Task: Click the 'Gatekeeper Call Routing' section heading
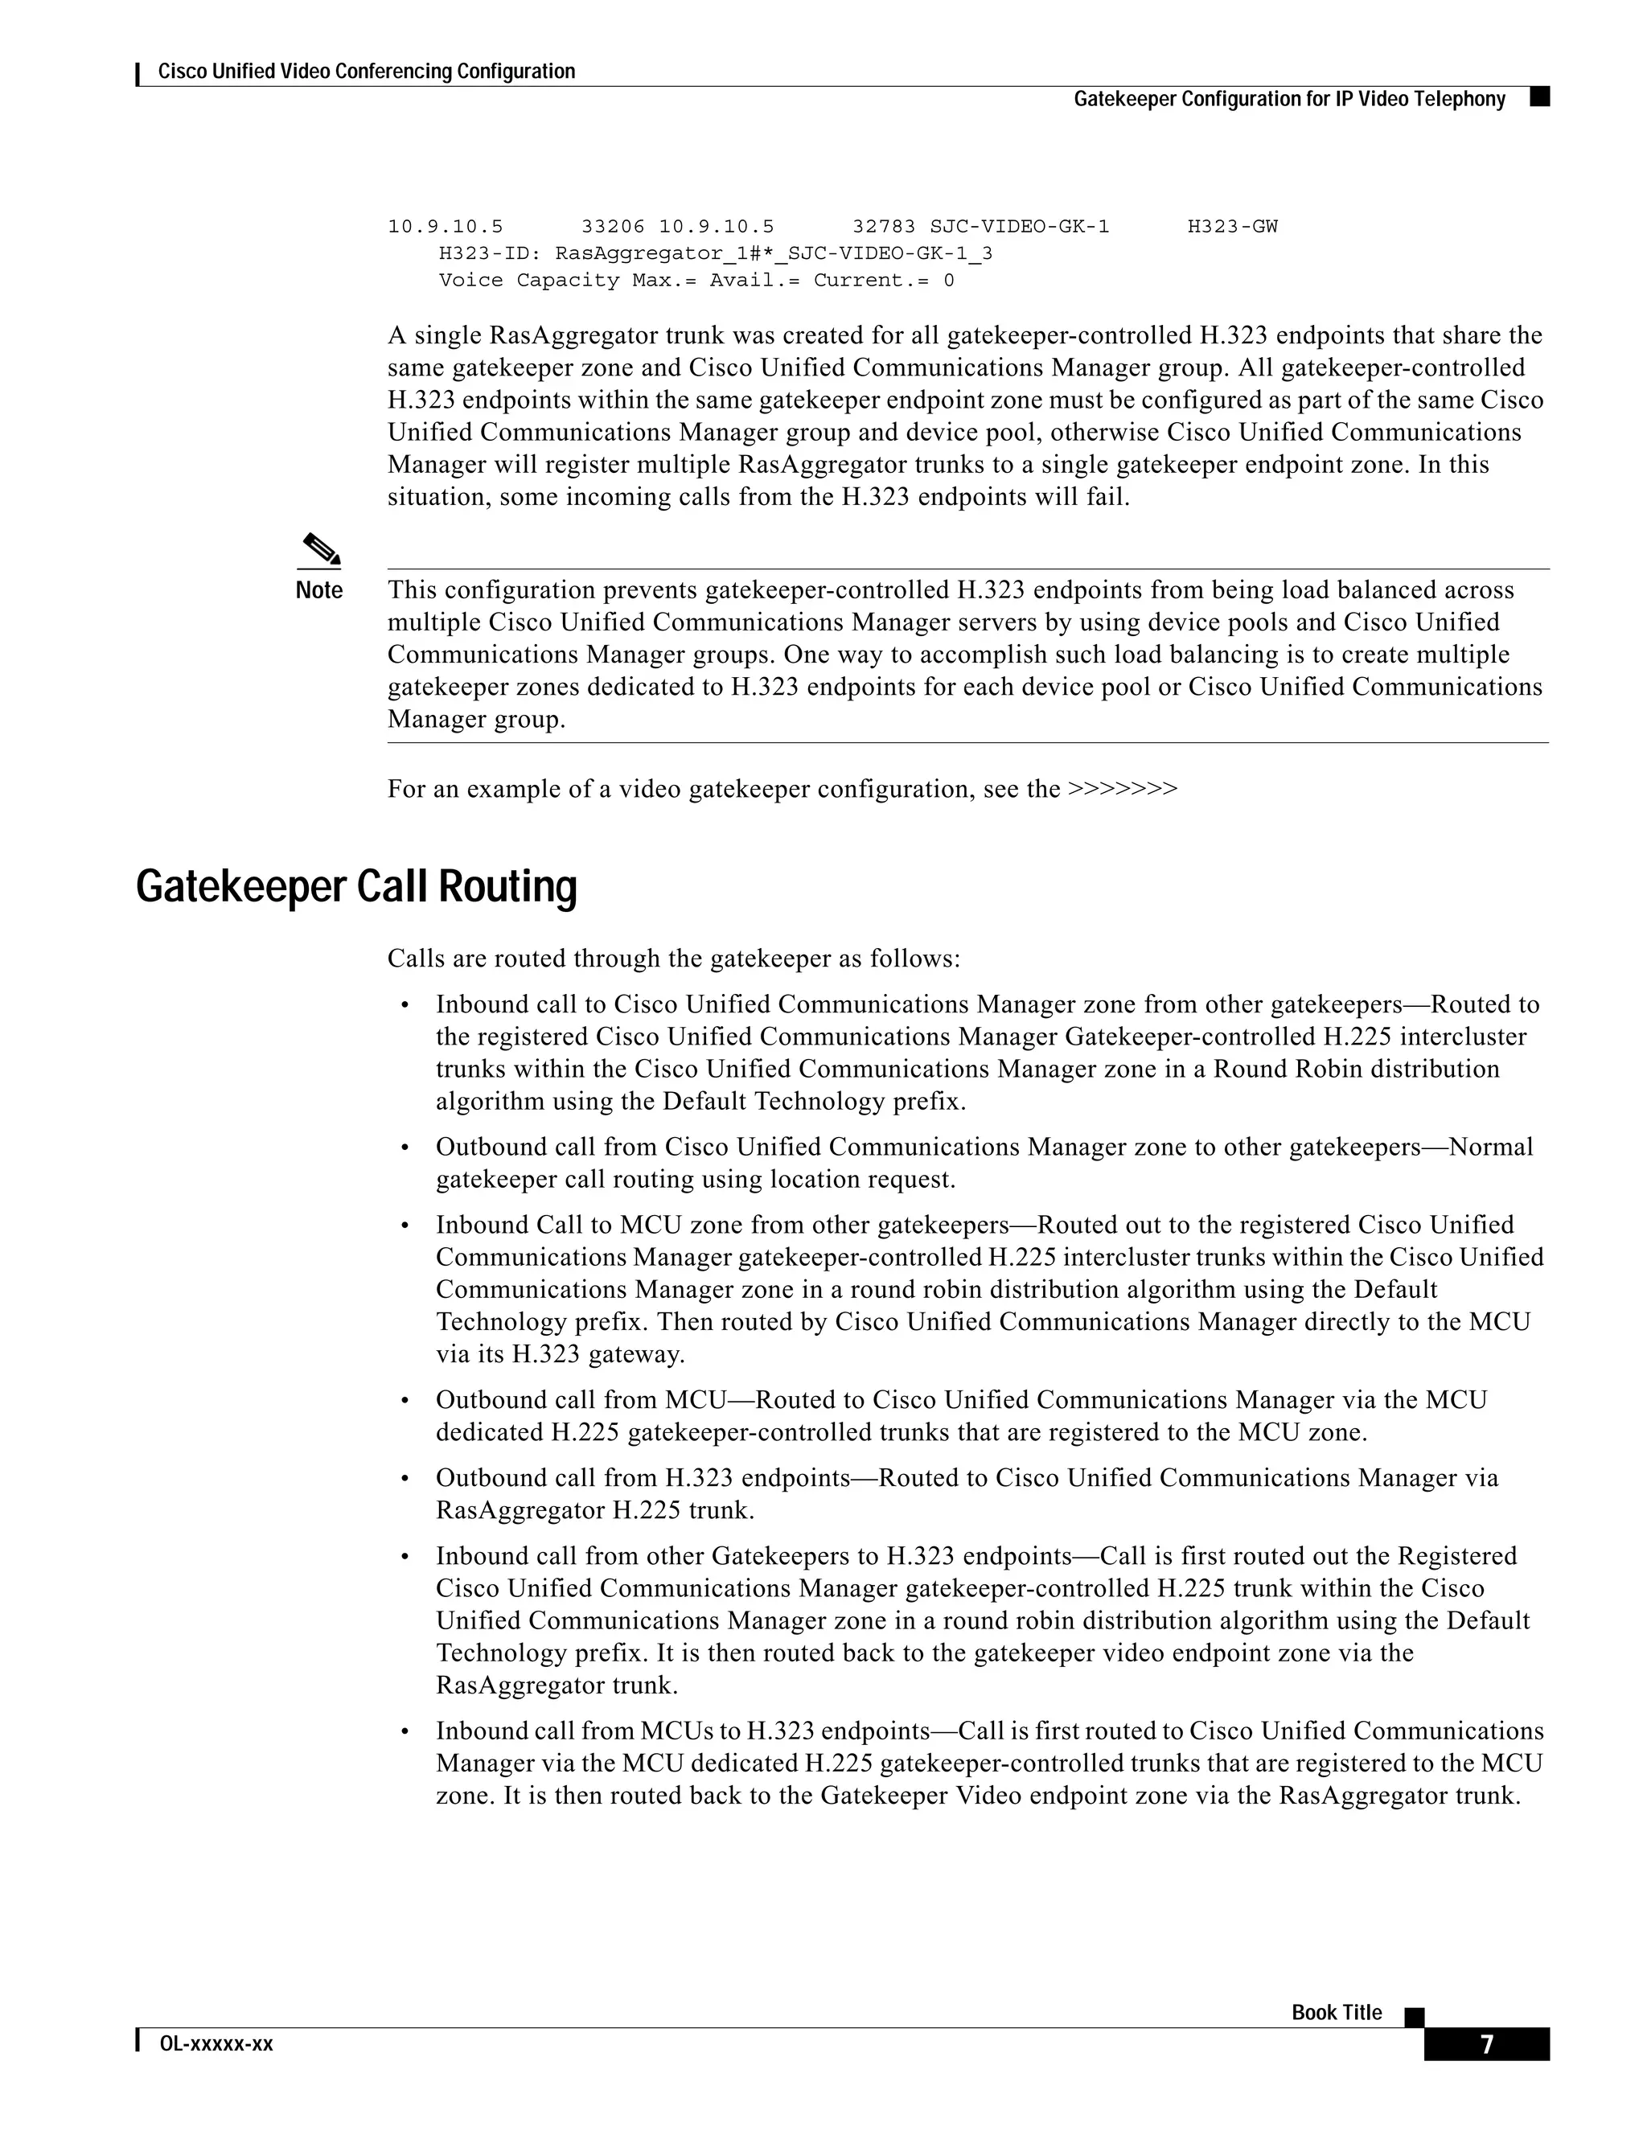click(x=356, y=887)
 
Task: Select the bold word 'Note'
click(x=319, y=590)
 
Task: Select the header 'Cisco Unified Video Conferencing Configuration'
click(x=366, y=72)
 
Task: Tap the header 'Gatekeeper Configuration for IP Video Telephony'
click(x=1289, y=99)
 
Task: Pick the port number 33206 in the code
click(x=613, y=227)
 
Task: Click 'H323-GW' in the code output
click(x=1232, y=227)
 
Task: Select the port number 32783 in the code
click(x=884, y=227)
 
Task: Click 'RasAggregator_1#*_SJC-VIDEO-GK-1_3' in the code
click(x=774, y=253)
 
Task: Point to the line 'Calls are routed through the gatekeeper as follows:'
click(x=673, y=959)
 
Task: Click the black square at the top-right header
click(x=1541, y=96)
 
